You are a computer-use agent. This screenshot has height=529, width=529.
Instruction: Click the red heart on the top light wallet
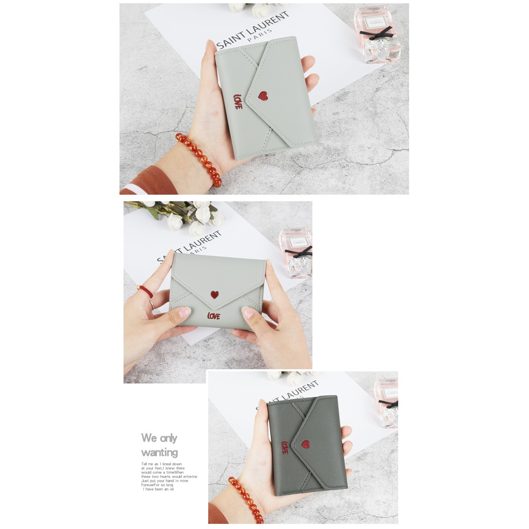point(263,96)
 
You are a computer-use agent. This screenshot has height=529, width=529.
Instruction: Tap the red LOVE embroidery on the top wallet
point(238,101)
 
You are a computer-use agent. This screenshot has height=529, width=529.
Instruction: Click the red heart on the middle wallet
point(214,294)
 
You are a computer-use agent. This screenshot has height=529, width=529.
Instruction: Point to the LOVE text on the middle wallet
point(213,316)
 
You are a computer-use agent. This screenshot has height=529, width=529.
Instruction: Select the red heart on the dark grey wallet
point(305,444)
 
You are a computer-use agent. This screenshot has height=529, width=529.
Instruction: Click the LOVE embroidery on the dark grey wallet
point(285,447)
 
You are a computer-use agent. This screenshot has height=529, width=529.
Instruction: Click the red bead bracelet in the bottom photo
point(247,499)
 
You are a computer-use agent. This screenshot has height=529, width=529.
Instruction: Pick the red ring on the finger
point(146,291)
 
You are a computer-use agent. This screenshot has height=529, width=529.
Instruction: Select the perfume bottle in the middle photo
point(296,253)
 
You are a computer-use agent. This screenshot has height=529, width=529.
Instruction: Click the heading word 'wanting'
point(159,453)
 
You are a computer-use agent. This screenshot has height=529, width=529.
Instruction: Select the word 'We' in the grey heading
point(149,438)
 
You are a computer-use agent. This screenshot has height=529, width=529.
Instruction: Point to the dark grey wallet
point(308,444)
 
